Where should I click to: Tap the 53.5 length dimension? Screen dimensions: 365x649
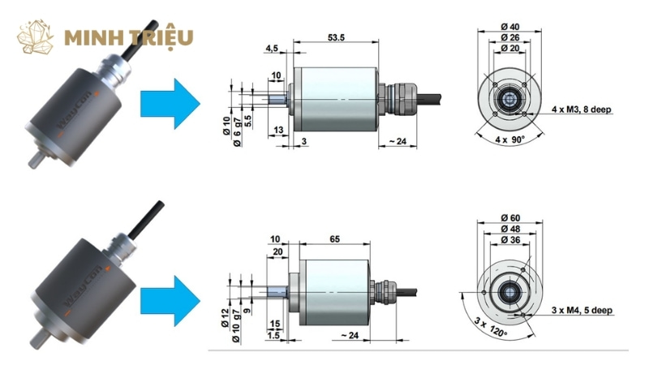click(x=334, y=37)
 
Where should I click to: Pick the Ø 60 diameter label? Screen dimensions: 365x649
click(x=511, y=217)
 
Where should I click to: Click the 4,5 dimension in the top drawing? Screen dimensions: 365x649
click(x=272, y=49)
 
